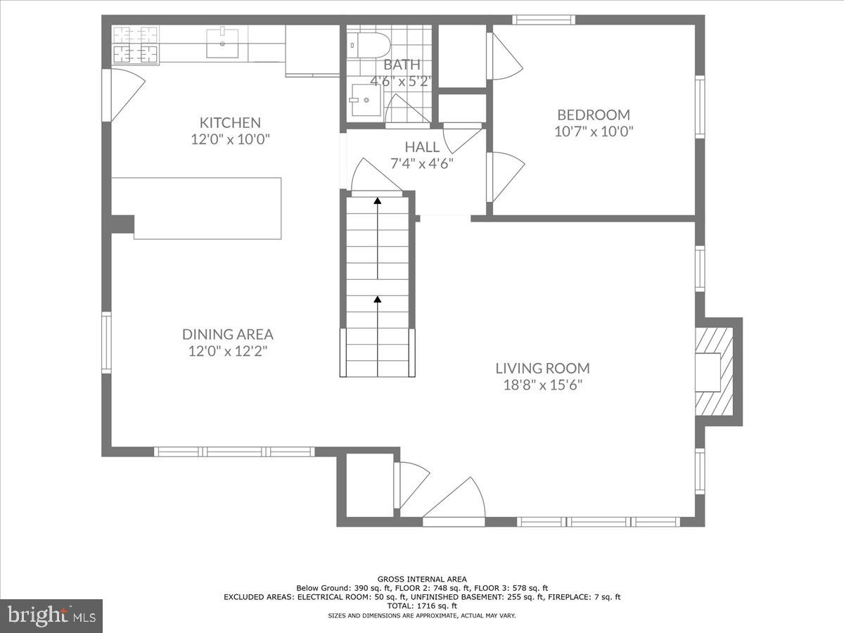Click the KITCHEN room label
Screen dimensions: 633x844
coord(230,122)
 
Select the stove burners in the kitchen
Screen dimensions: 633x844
coord(135,44)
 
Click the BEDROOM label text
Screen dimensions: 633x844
coord(594,115)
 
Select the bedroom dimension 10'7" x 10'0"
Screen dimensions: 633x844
coord(594,132)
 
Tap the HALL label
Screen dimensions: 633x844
coord(422,147)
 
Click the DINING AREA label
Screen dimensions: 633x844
coord(227,335)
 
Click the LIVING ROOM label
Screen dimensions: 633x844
coord(542,368)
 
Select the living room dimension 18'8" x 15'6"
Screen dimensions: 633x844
coord(542,385)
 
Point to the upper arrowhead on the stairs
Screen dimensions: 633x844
coord(378,201)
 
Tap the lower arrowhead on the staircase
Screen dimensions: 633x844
coord(378,300)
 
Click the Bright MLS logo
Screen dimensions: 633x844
coord(51,616)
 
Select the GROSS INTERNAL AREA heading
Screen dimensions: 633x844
coord(421,579)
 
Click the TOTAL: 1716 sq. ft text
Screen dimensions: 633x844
coord(421,606)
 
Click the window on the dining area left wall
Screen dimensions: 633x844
coord(106,343)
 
